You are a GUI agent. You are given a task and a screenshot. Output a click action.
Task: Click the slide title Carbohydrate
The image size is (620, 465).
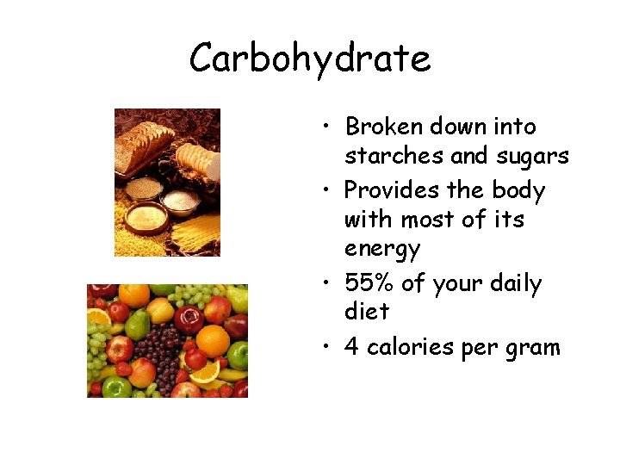coord(310,59)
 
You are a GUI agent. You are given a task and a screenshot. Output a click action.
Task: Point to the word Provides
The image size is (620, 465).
coord(393,189)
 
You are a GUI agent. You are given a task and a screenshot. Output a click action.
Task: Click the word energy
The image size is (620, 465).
coord(381,250)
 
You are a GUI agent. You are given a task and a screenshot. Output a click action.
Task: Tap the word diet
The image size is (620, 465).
coord(366,311)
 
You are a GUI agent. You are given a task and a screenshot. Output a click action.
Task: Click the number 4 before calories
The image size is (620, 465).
coord(351,347)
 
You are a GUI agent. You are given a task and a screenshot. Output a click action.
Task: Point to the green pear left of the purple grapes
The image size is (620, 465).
coord(138,324)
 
